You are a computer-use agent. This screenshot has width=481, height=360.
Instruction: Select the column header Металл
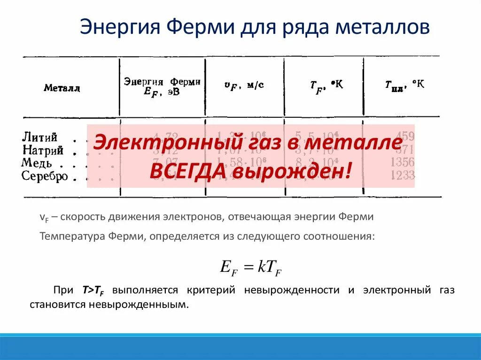tap(62, 88)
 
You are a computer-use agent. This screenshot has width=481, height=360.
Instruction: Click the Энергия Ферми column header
tap(162, 86)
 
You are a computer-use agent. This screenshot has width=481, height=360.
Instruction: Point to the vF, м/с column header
tap(244, 85)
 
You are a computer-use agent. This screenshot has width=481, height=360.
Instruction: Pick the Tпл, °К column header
tap(404, 85)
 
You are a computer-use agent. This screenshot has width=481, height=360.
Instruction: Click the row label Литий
tap(40, 138)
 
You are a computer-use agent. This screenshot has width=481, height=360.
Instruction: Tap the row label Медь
tap(37, 163)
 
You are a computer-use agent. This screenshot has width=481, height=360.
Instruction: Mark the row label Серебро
tap(45, 176)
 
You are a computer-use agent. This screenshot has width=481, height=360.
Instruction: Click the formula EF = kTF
tap(251, 267)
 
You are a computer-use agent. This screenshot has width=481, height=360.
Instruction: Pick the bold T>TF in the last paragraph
tap(93, 290)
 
